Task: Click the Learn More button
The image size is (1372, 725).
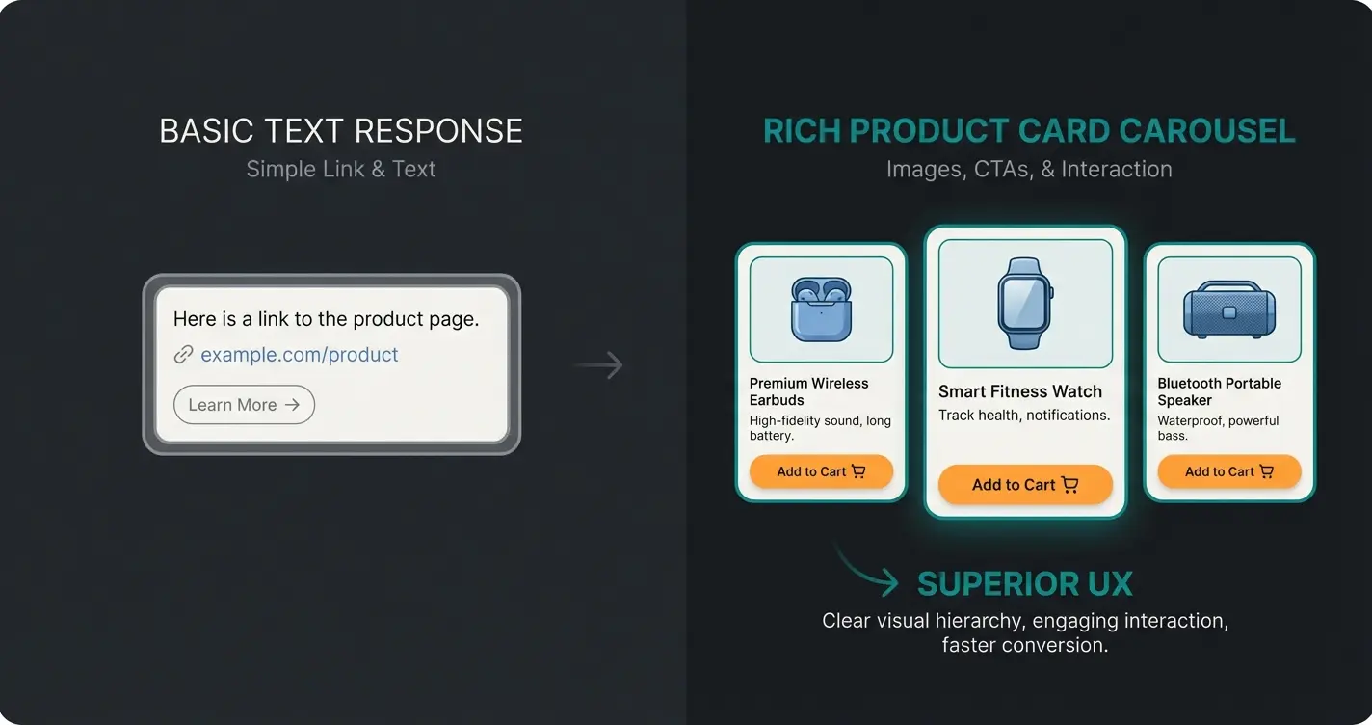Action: [x=244, y=405]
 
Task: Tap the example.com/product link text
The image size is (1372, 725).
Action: [x=299, y=355]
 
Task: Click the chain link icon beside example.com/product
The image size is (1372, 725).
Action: [x=183, y=355]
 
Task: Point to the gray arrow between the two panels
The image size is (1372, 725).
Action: [x=598, y=365]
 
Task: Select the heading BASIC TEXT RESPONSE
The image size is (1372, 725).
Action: [x=341, y=131]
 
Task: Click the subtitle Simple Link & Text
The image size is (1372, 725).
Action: [x=341, y=169]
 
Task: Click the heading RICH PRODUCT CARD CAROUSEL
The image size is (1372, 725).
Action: [x=1029, y=131]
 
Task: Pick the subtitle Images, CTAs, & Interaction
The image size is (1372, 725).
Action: [x=1029, y=169]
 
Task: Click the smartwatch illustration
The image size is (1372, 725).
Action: [x=1024, y=304]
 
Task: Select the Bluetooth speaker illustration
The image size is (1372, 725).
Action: [x=1228, y=310]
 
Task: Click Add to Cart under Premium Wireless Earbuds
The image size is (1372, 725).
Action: [x=821, y=471]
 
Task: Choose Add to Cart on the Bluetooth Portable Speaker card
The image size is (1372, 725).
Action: [x=1228, y=471]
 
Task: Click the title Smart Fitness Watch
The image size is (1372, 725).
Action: [x=1020, y=391]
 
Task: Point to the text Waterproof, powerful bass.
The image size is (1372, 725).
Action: [x=1218, y=428]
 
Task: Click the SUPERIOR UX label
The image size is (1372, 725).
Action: [x=1024, y=583]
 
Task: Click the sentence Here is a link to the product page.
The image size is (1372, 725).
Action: [x=326, y=318]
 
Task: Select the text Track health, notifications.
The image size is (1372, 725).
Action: [x=1024, y=416]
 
